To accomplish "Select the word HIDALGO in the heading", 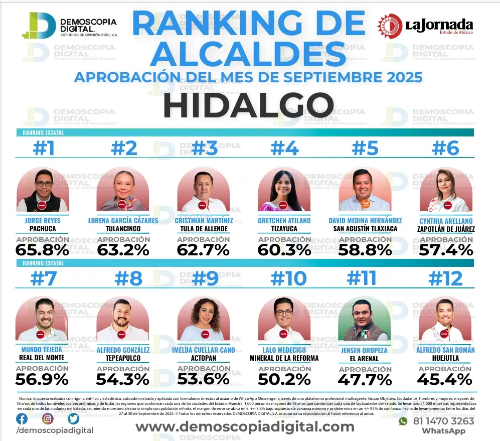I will click(248, 106).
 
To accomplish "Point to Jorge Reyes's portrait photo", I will click(43, 190).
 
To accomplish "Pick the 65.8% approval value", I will click(43, 249).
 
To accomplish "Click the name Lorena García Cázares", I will click(123, 220).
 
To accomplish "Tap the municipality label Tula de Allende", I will click(204, 229).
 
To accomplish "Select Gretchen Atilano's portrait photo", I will click(284, 190).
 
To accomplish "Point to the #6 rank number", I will click(446, 149).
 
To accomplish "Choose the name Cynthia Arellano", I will click(446, 220).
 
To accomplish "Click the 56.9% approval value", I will click(42, 379).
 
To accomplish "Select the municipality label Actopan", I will click(204, 358).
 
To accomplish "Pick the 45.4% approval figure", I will click(445, 379).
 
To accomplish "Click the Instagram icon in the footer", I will click(48, 418).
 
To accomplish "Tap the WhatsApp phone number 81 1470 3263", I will click(443, 421).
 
